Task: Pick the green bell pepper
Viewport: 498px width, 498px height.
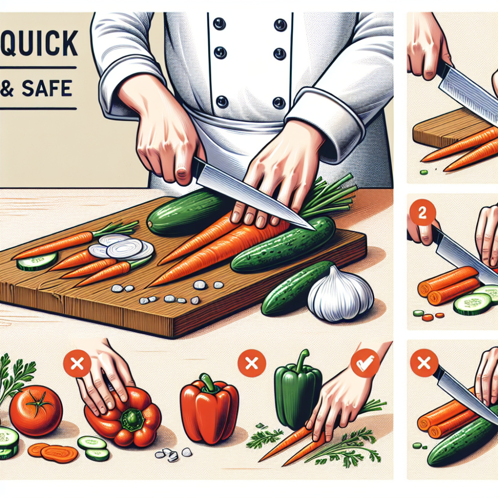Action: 298,393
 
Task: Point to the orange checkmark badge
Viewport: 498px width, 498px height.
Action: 365,363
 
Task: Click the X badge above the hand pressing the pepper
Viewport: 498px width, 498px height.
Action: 77,364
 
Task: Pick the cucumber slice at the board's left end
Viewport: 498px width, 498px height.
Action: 37,261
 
